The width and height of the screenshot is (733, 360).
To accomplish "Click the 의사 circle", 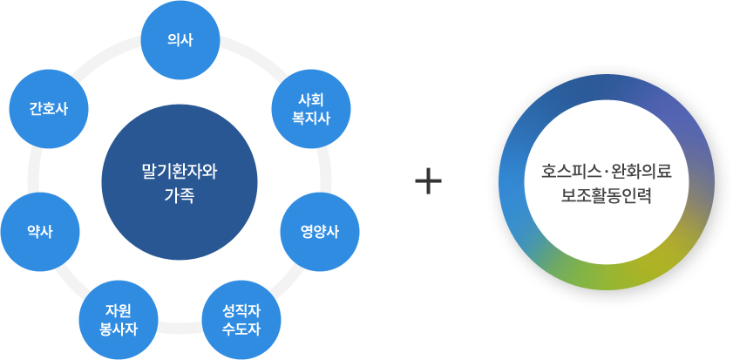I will (180, 40).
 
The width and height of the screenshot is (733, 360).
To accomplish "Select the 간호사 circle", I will (48, 109).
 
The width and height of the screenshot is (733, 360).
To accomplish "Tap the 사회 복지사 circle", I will (313, 110).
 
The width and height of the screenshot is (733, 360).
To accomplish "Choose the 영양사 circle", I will (320, 231).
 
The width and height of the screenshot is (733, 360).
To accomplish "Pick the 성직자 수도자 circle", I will (241, 319).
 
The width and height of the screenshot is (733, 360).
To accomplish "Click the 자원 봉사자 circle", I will (118, 319).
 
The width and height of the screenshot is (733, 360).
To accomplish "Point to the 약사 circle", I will (40, 231).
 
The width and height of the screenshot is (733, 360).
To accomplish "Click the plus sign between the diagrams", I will (428, 181).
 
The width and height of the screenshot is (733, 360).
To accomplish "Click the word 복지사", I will (313, 119).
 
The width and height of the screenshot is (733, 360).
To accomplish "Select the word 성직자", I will (241, 310).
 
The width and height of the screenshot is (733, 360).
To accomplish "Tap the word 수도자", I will (241, 328).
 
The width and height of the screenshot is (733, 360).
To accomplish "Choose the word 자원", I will (118, 310).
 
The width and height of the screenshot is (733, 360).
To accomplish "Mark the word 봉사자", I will (118, 328).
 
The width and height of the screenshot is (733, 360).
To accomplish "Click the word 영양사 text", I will (320, 231).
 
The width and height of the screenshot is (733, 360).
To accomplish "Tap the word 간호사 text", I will (48, 109).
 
